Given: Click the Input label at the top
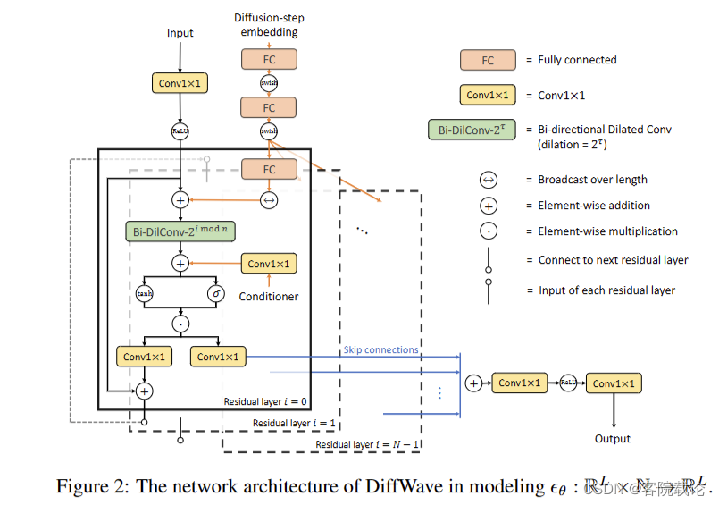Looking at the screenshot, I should (180, 33).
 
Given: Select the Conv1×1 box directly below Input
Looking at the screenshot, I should (180, 83).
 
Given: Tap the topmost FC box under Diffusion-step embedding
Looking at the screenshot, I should (269, 59).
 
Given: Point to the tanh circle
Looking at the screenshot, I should (145, 293).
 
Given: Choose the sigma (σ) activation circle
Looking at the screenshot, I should (215, 293).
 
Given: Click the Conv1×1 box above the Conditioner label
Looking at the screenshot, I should (269, 264).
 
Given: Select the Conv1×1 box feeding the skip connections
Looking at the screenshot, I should (218, 357).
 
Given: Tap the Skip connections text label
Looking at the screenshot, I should (380, 349).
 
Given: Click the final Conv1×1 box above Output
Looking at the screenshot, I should (614, 383).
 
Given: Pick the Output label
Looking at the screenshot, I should (613, 439).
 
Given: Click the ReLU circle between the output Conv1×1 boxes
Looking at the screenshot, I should (566, 383).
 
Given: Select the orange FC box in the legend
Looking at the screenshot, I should (488, 60).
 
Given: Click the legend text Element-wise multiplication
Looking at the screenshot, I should (607, 231).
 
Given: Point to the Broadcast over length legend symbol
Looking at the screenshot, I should (488, 180).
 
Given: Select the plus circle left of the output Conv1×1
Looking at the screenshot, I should (473, 383).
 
